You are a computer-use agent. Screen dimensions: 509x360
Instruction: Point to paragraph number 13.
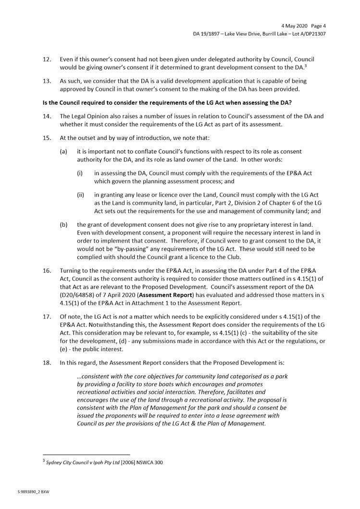click(47, 82)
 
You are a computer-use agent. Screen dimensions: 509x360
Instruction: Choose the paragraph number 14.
click(47, 116)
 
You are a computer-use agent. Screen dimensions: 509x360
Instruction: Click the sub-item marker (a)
click(63, 151)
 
